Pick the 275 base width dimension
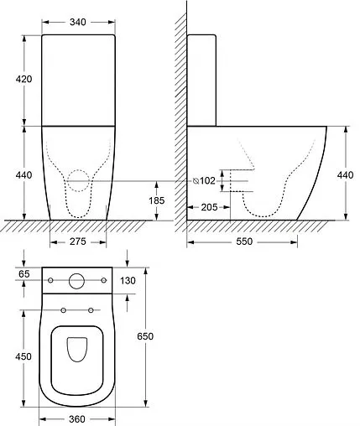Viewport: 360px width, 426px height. tap(78, 242)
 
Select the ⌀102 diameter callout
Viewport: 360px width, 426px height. tap(204, 181)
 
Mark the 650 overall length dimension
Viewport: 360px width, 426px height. tap(144, 335)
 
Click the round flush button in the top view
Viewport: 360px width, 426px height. tap(77, 281)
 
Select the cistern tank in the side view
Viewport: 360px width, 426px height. tap(202, 80)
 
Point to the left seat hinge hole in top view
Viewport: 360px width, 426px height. tap(64, 310)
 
